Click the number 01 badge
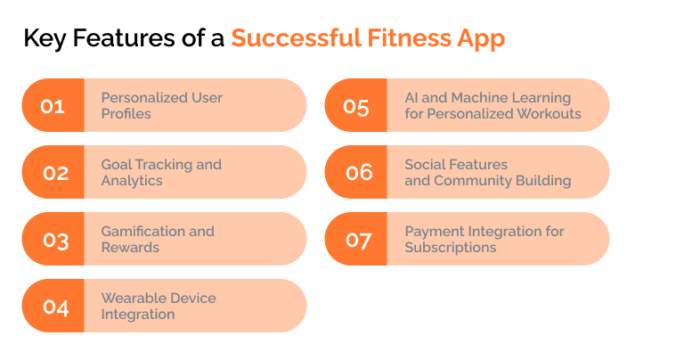(x=53, y=105)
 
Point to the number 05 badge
(x=356, y=105)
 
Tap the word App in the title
(x=482, y=39)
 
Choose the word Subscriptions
(x=451, y=248)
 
